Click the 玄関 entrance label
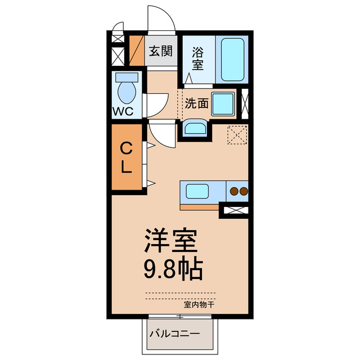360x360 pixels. [160, 51]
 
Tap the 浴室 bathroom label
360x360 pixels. [197, 58]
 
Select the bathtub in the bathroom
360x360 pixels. [232, 59]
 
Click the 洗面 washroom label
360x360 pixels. [197, 103]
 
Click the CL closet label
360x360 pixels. [126, 158]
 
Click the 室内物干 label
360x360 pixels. [199, 304]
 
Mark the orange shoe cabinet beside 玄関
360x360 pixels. [137, 51]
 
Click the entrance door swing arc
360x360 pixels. [163, 17]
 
